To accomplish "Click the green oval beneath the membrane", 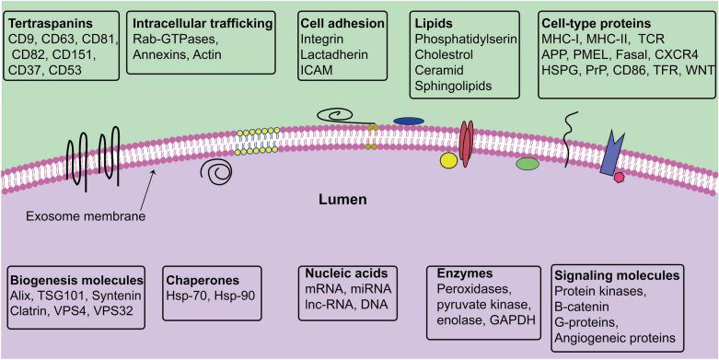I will [x=528, y=164].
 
